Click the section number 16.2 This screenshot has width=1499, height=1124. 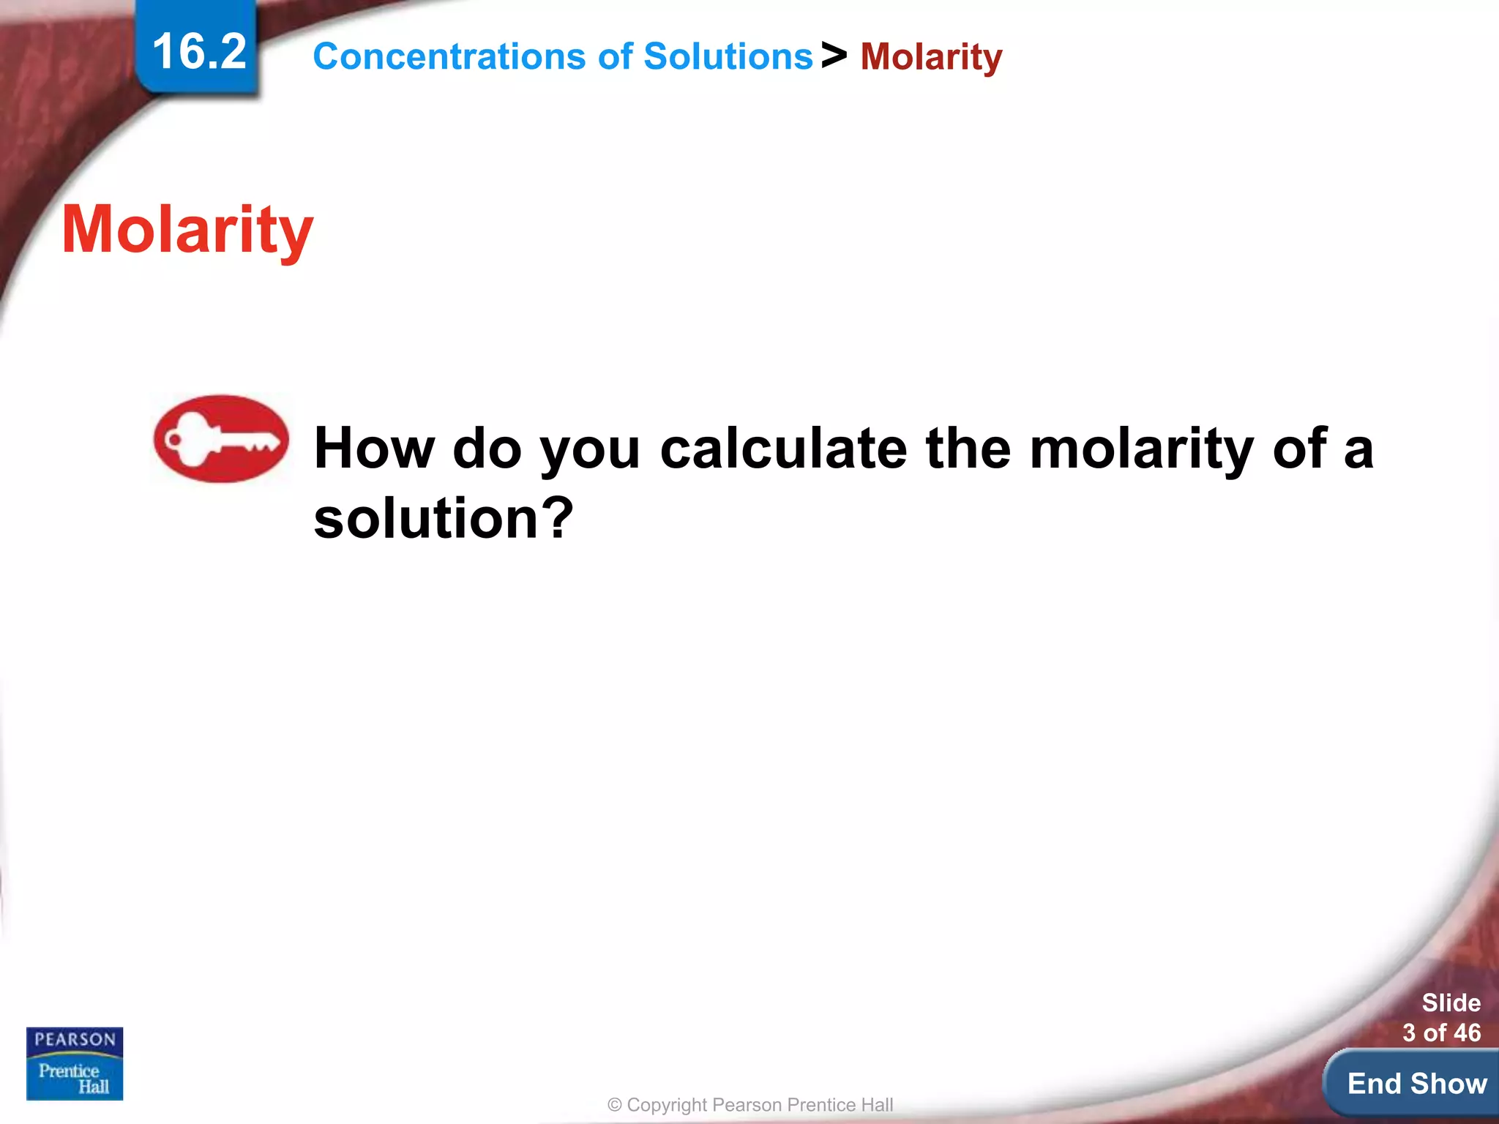[x=198, y=52]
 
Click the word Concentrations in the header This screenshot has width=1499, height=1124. [x=449, y=56]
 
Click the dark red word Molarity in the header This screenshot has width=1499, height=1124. [x=930, y=56]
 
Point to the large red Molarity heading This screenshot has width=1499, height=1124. [x=187, y=230]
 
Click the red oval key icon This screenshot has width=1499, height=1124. [x=221, y=439]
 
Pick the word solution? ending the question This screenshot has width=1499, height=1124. [x=444, y=517]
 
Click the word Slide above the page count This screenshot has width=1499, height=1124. [x=1451, y=1003]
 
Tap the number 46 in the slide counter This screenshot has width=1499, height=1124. [x=1467, y=1033]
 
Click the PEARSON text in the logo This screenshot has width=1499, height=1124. [x=75, y=1039]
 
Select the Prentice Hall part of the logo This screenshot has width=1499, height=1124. [x=75, y=1078]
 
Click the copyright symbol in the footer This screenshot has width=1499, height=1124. [x=615, y=1105]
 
